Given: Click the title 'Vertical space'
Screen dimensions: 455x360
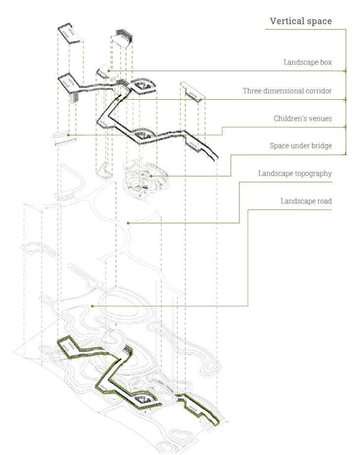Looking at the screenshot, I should (x=301, y=21).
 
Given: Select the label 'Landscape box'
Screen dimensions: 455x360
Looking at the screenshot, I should (x=307, y=62).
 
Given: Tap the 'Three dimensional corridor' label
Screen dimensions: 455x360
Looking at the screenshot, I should (x=287, y=91).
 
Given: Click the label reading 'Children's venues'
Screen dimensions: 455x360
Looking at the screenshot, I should (x=303, y=119).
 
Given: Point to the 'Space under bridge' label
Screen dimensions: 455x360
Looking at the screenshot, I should (x=300, y=146).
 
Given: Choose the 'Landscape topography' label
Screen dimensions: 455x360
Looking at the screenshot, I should (x=295, y=173).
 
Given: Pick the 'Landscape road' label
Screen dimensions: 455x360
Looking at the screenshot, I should (x=306, y=201).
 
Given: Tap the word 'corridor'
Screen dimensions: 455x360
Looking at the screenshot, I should (x=319, y=91).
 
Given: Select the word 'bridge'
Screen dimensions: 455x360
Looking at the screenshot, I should (x=320, y=146).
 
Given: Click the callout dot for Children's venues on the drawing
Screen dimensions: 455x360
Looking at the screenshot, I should (x=68, y=135).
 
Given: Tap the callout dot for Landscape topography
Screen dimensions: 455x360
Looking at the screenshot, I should (x=128, y=223).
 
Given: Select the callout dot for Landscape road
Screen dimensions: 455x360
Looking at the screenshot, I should (x=92, y=306).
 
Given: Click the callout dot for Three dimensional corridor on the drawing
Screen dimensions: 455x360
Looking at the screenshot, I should (x=118, y=99).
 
